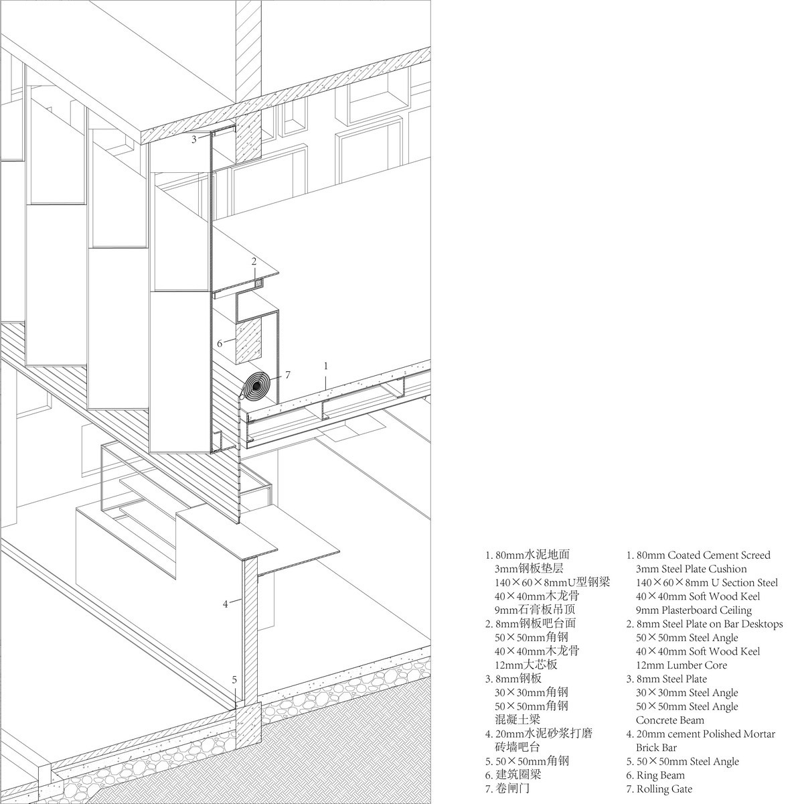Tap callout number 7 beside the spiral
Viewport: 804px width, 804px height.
click(x=287, y=375)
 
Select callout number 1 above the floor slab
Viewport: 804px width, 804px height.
click(x=326, y=366)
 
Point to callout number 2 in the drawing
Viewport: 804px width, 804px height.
click(x=254, y=261)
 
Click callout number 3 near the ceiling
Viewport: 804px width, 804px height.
click(x=193, y=139)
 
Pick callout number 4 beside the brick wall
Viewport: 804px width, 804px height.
click(x=226, y=604)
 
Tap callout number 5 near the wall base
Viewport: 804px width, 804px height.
click(x=234, y=679)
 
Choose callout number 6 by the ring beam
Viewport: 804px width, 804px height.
click(x=220, y=344)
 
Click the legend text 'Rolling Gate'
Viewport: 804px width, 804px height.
click(x=665, y=789)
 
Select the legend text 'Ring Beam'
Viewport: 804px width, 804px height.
click(x=661, y=775)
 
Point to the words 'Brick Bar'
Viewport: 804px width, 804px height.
click(x=656, y=748)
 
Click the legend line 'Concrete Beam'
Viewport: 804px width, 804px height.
click(x=670, y=720)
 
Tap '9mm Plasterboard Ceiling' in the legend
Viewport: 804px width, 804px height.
click(x=694, y=610)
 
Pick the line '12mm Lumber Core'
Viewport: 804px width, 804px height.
click(x=681, y=665)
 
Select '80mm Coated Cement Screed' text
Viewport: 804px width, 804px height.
click(x=704, y=555)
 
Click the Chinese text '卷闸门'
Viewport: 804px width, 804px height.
click(x=513, y=789)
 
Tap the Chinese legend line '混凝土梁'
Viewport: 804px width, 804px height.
click(x=517, y=720)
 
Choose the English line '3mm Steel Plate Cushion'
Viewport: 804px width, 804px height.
click(x=692, y=569)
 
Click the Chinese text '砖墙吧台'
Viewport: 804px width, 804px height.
click(x=517, y=747)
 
